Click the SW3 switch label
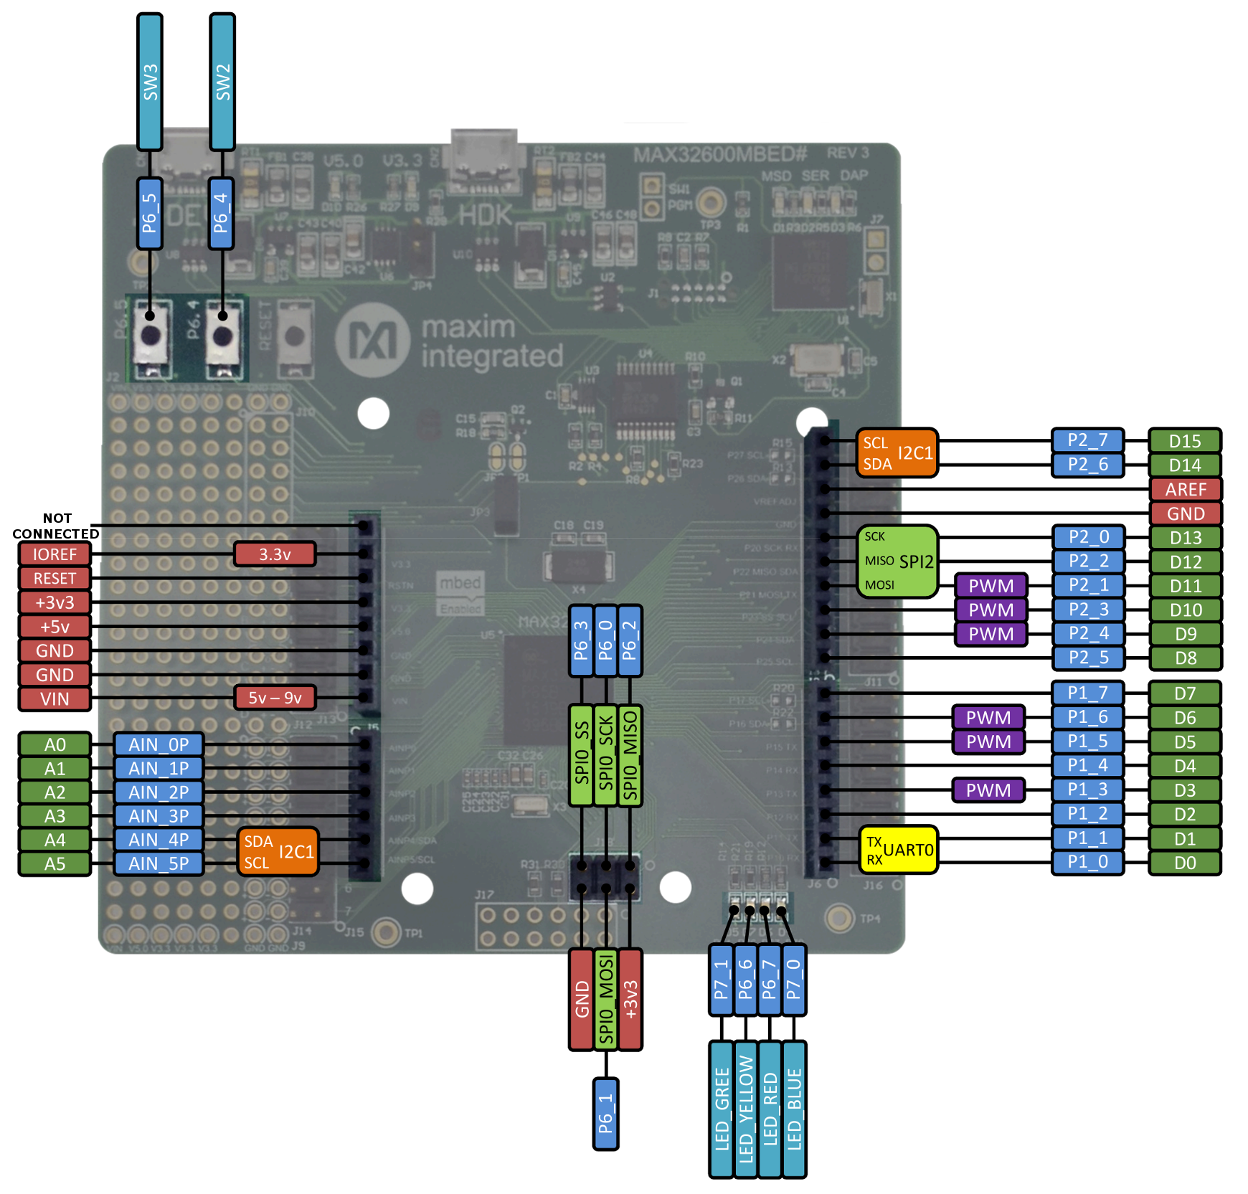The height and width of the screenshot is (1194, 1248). tap(150, 82)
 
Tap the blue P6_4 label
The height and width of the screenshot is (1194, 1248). tap(221, 213)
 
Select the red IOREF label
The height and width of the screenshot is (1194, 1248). tap(55, 554)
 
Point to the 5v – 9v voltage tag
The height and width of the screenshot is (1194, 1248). tap(275, 698)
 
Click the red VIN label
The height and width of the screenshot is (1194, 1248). tap(55, 699)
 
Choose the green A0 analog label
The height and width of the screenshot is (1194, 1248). tap(55, 745)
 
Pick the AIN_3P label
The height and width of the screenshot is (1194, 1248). tap(159, 816)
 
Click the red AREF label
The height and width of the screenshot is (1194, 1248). tap(1186, 490)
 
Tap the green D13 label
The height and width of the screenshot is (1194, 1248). tap(1186, 538)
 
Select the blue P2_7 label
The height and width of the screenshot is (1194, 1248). tap(1087, 440)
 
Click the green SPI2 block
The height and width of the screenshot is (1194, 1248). tap(897, 562)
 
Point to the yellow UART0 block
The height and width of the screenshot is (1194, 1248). tap(899, 850)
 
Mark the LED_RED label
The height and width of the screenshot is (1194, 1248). tap(770, 1109)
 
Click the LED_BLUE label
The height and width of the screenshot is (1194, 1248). tap(794, 1109)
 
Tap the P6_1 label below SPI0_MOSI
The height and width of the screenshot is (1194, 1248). tap(606, 1113)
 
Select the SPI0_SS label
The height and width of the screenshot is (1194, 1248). tap(582, 755)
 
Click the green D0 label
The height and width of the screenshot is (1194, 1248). tap(1185, 863)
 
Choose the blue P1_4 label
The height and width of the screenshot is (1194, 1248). tap(1087, 766)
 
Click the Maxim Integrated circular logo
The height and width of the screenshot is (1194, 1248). tap(372, 340)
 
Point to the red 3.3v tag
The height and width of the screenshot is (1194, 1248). tap(275, 554)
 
